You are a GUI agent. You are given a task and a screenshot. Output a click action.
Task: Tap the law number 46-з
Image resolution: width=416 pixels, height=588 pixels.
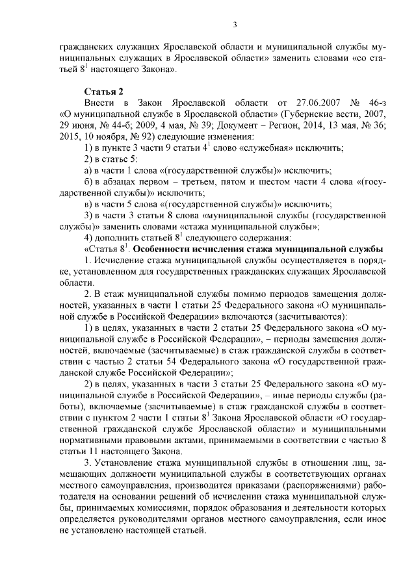point(376,102)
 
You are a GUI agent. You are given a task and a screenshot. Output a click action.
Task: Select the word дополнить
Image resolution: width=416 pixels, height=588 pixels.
point(119,237)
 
